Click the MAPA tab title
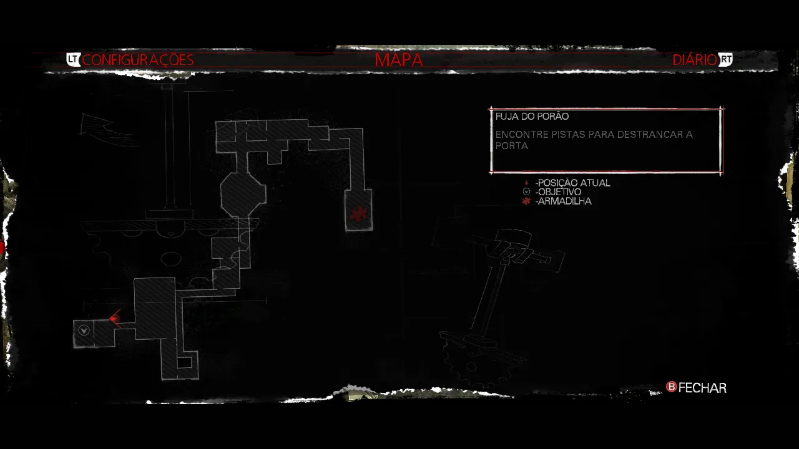pos(399,60)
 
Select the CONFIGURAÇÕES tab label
pos(138,60)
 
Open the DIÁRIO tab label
pos(695,60)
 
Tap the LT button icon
pos(74,60)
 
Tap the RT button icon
pos(725,60)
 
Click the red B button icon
pos(672,387)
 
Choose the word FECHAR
pos(702,388)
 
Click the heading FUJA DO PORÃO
pos(532,117)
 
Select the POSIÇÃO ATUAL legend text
pos(573,183)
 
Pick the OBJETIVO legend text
pos(558,192)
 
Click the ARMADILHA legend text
pos(563,201)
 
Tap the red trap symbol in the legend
pos(526,201)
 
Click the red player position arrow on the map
pos(115,319)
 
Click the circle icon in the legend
pos(526,192)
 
